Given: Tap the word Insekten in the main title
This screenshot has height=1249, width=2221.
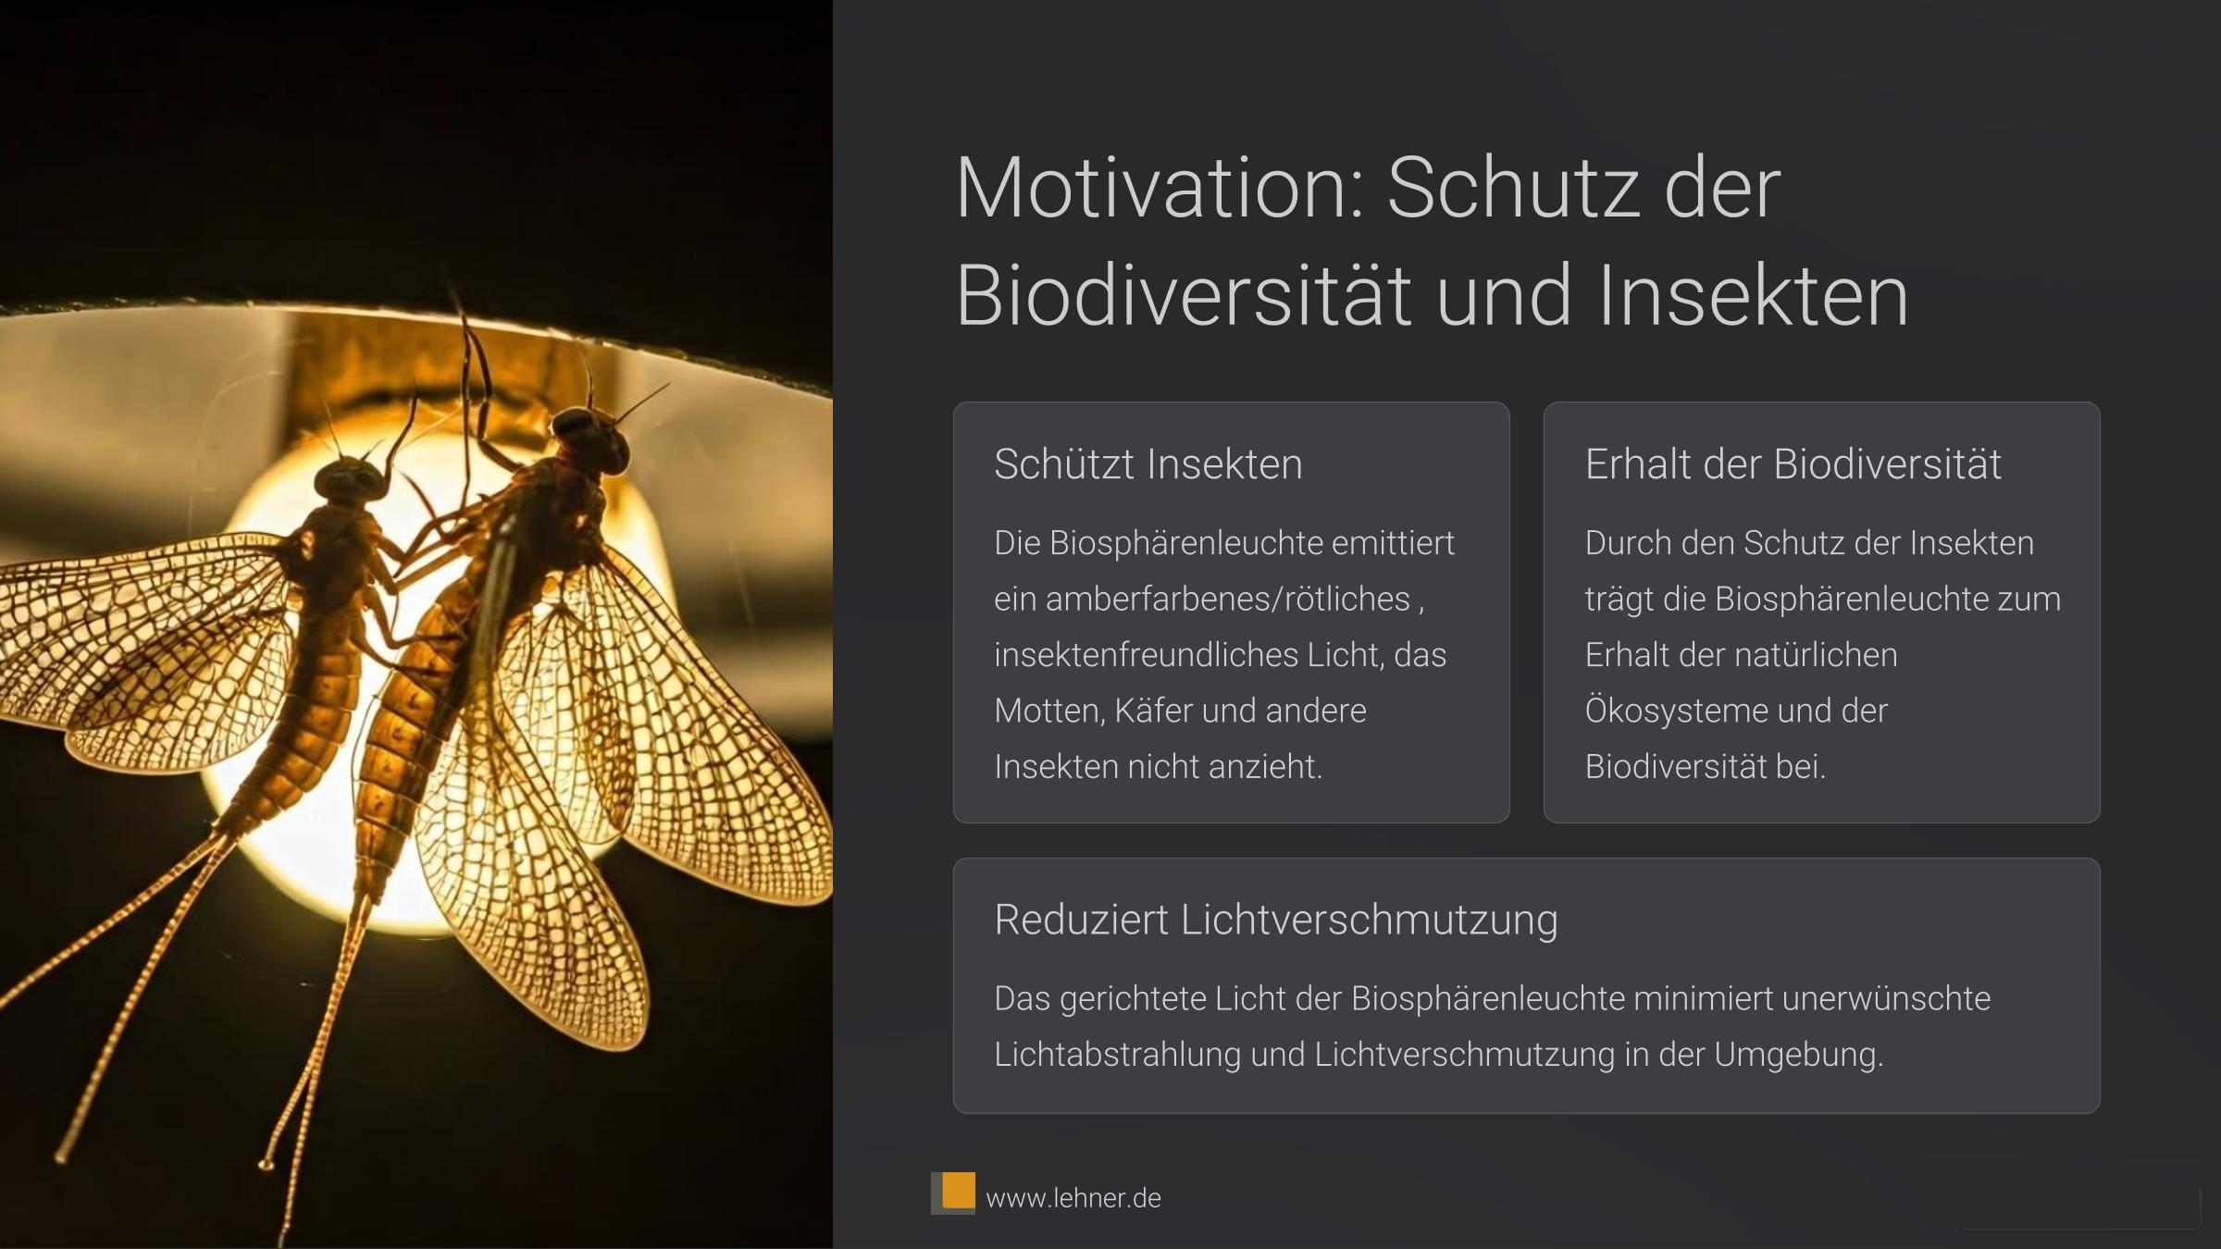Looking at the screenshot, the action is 1753,295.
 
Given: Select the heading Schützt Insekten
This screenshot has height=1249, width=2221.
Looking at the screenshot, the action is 1148,464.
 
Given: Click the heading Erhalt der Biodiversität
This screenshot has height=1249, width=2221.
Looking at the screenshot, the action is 1793,464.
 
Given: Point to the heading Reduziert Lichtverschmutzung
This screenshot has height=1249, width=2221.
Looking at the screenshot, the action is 1276,920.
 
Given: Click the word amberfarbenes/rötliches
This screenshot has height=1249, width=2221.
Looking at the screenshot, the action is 1228,600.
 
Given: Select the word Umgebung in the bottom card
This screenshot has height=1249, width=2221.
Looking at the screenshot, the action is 1798,1055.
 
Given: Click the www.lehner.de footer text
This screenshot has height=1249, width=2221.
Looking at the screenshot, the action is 1073,1198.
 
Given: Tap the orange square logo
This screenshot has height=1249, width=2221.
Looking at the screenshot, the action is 957,1190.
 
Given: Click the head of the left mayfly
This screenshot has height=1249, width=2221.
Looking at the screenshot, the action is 349,480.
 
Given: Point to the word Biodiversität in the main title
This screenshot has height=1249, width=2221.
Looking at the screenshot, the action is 1184,295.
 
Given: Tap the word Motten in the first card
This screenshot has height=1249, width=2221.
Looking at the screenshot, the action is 1049,711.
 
